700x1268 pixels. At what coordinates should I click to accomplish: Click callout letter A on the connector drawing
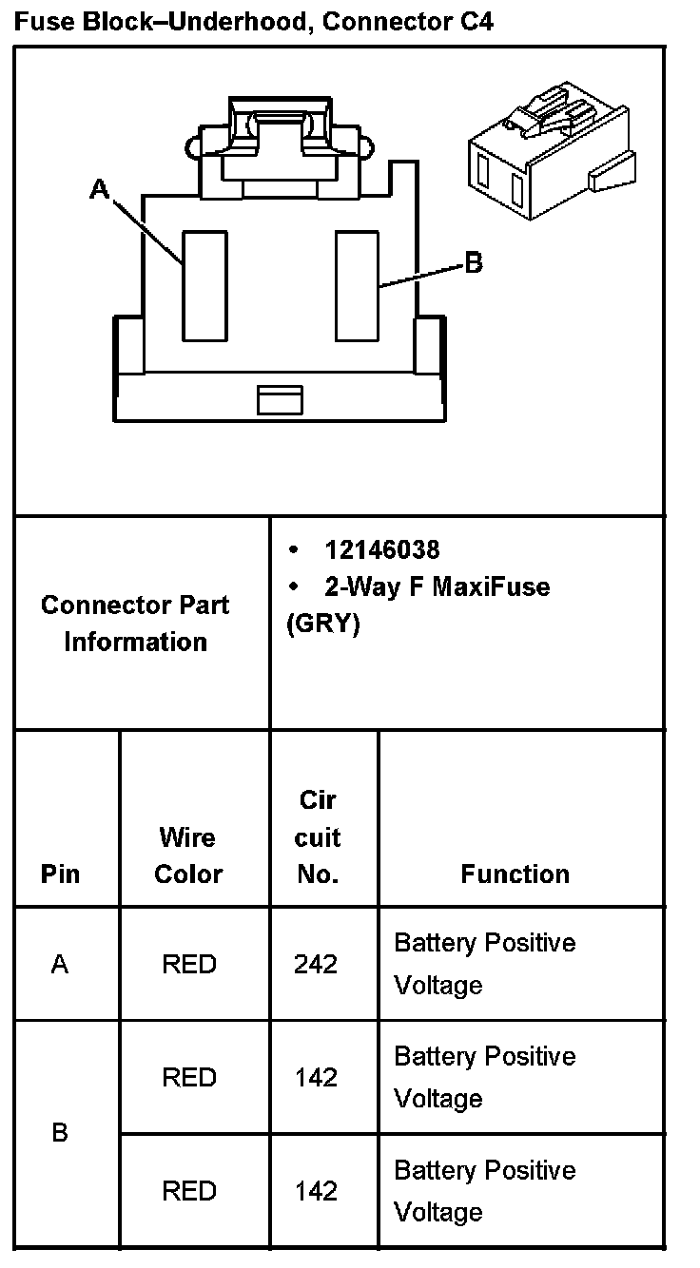[x=99, y=189]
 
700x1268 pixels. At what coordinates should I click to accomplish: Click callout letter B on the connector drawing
[x=473, y=262]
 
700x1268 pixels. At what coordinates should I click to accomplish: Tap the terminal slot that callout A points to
[x=204, y=285]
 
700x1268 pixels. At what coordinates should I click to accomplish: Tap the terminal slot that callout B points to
[x=358, y=285]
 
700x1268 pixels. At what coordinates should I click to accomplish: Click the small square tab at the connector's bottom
[x=280, y=399]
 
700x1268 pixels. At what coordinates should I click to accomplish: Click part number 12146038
[x=381, y=550]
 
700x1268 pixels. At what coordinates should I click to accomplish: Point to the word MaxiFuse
[x=491, y=586]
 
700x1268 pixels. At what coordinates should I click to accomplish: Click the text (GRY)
[x=323, y=625]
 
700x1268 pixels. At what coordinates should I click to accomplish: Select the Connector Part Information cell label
[x=135, y=624]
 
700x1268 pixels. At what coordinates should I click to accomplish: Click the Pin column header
[x=60, y=874]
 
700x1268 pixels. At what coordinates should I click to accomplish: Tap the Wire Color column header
[x=188, y=855]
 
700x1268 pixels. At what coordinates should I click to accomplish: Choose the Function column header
[x=515, y=874]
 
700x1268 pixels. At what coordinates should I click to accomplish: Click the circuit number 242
[x=316, y=965]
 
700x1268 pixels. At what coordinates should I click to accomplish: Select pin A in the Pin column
[x=60, y=965]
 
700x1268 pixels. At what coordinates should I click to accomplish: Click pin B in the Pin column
[x=60, y=1133]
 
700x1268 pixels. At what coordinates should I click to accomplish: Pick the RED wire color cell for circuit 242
[x=189, y=965]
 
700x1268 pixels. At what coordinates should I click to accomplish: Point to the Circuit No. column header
[x=318, y=837]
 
